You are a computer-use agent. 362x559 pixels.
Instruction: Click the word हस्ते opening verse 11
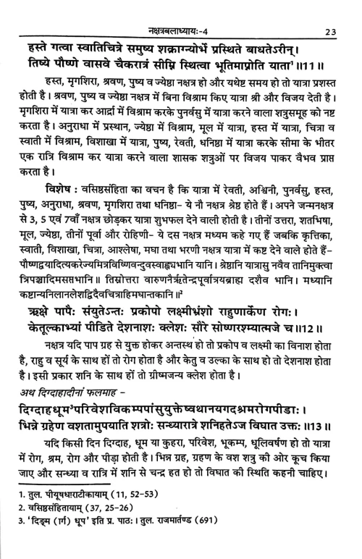click(36, 36)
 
